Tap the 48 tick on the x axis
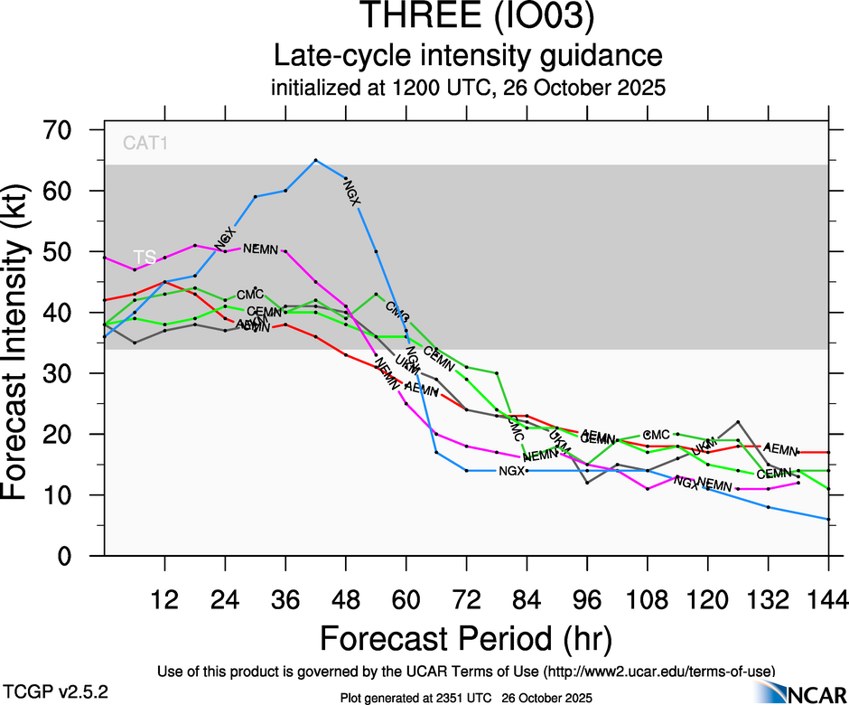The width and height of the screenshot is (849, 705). click(x=346, y=599)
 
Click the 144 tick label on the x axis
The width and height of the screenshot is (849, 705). click(x=828, y=599)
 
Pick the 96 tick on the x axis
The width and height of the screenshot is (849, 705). click(x=587, y=599)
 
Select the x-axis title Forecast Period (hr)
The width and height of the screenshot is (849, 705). click(x=466, y=638)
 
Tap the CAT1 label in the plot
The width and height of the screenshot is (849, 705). click(x=145, y=142)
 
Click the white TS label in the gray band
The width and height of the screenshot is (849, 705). click(x=145, y=258)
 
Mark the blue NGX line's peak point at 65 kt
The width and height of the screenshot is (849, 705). click(x=315, y=160)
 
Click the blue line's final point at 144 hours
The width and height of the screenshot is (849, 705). click(x=828, y=519)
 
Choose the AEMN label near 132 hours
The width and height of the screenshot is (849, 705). click(x=780, y=448)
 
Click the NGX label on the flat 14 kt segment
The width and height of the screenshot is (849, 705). click(x=511, y=471)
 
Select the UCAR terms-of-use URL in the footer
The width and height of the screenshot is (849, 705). click(x=658, y=672)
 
